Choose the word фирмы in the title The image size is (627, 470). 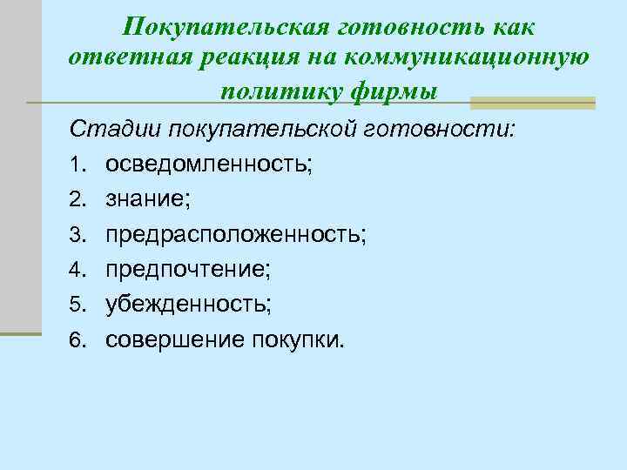pyautogui.click(x=392, y=90)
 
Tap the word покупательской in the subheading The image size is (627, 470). pyautogui.click(x=256, y=131)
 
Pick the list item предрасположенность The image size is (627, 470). pyautogui.click(x=235, y=235)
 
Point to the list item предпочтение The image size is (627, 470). pyautogui.click(x=187, y=270)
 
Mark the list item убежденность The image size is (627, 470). pyautogui.click(x=188, y=305)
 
